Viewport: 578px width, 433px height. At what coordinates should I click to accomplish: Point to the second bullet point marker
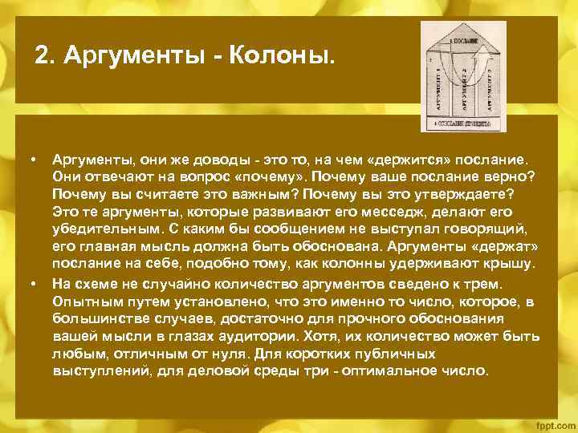(x=35, y=284)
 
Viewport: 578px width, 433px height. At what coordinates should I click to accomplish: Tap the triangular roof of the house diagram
(x=462, y=35)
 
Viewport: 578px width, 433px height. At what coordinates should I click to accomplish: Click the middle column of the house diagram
(x=462, y=88)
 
